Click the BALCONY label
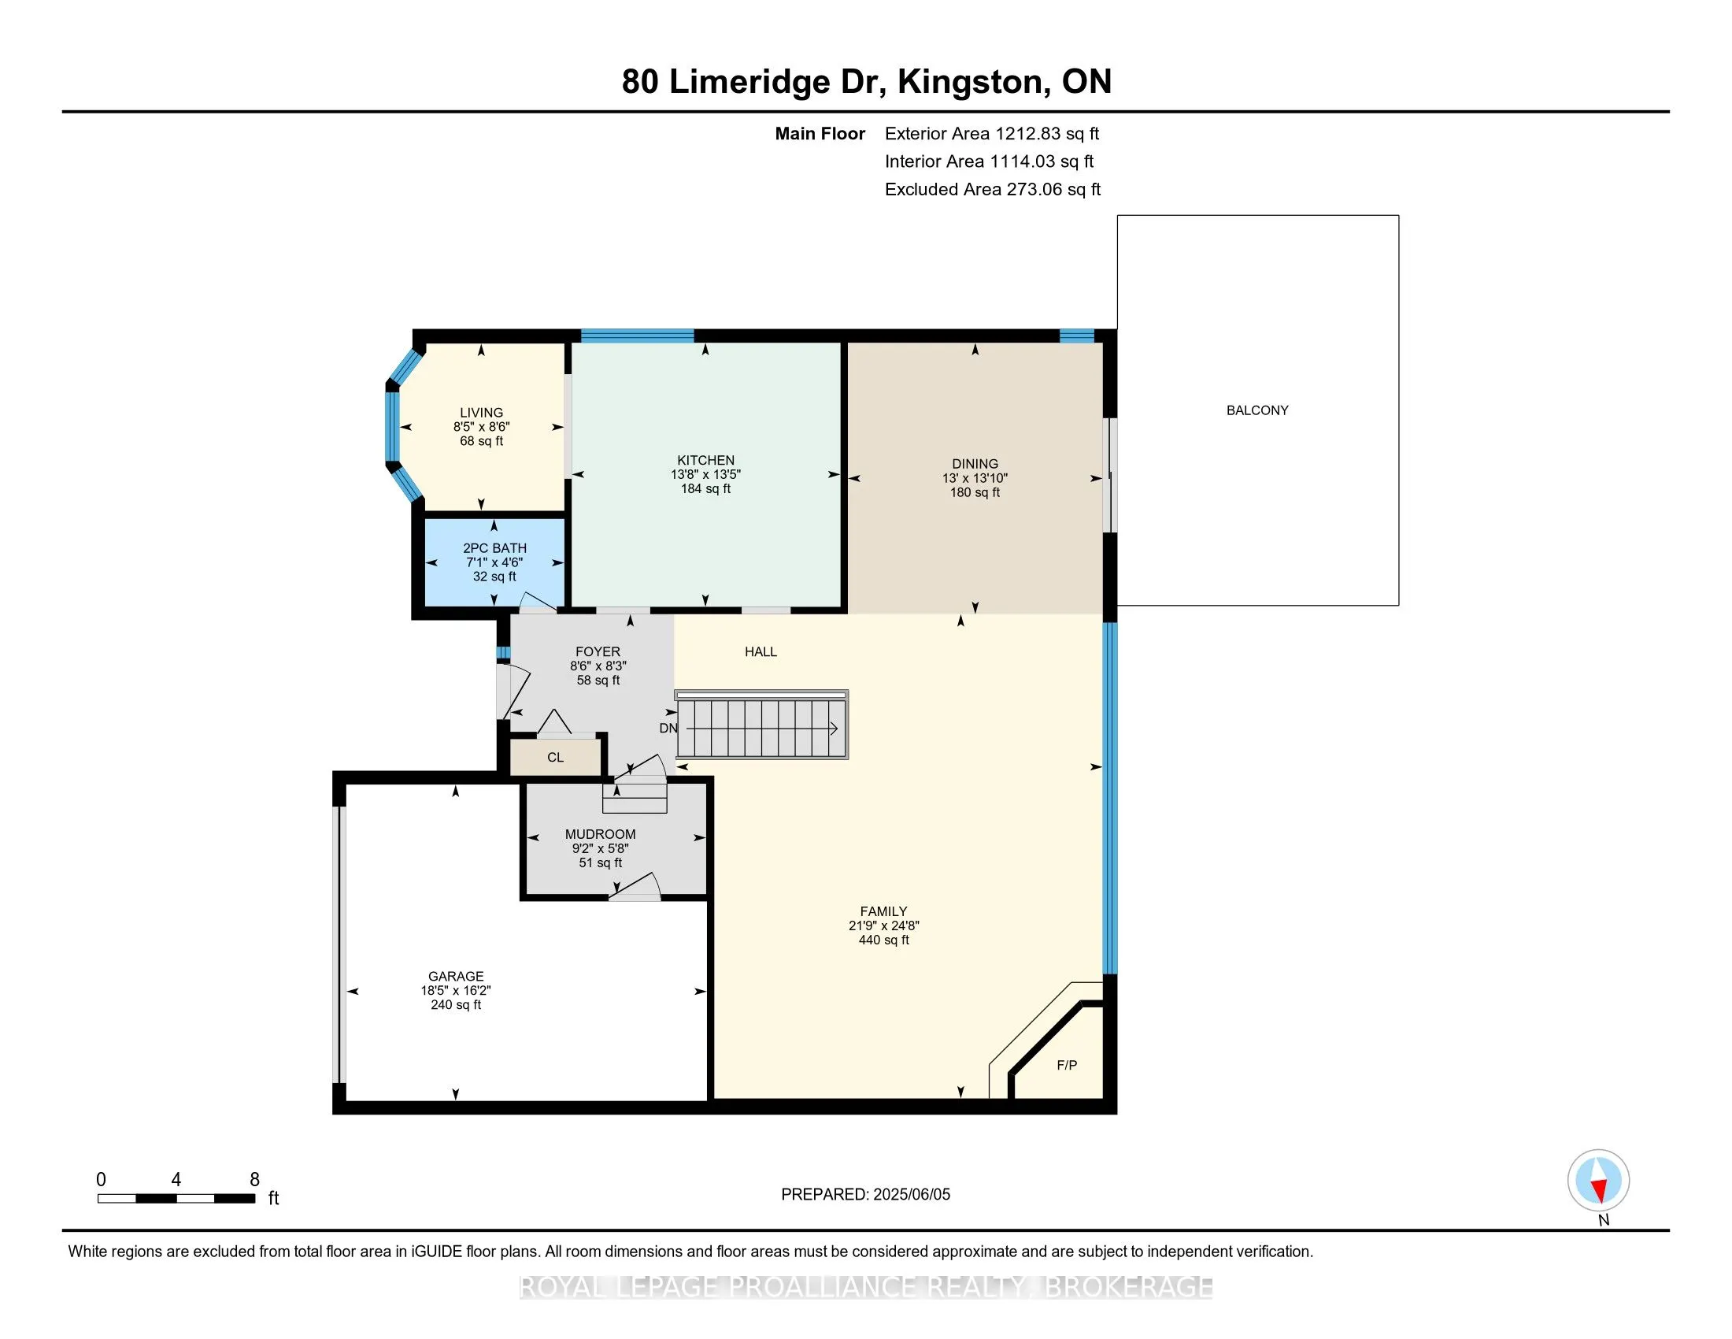(1257, 410)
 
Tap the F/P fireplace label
(1067, 1066)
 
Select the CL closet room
(555, 758)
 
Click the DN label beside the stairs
(668, 729)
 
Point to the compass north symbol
(1598, 1181)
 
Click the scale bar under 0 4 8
(176, 1199)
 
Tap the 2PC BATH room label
(495, 548)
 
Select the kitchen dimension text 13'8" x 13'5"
(705, 474)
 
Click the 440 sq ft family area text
(883, 940)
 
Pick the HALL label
(761, 652)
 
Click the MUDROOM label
(601, 834)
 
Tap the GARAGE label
(456, 977)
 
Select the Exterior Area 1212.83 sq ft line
(991, 134)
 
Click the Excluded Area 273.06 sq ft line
(992, 190)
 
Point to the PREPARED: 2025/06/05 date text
(865, 1195)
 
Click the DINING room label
(975, 464)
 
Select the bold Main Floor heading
(820, 134)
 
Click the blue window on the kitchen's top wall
(638, 335)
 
